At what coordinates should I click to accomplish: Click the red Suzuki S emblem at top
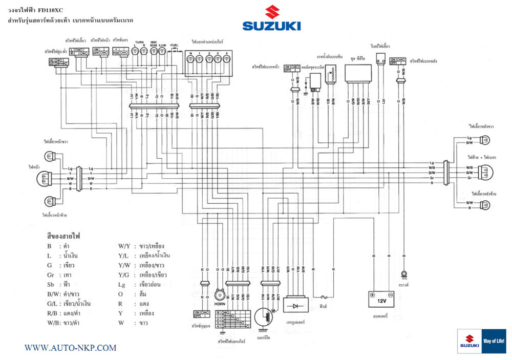272,12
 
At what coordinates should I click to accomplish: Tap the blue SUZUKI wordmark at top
272,26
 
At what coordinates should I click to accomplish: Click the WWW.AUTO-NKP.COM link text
71,348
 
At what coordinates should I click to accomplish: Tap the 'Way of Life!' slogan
494,341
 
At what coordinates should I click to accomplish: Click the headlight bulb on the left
44,178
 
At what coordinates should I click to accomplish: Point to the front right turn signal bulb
50,155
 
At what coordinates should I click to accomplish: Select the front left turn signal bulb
50,201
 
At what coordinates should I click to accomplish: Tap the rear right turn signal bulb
483,139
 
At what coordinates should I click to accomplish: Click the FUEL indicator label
174,45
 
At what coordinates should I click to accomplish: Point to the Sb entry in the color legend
50,284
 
